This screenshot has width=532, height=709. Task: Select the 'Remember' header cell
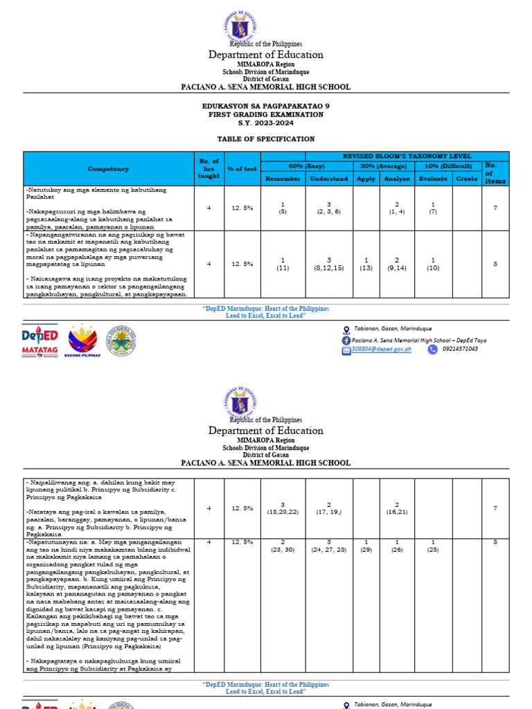[283, 178]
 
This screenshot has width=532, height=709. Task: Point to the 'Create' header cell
[467, 178]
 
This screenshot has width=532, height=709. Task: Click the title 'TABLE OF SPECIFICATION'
[257, 139]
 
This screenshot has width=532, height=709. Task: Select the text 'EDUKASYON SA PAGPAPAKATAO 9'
[257, 106]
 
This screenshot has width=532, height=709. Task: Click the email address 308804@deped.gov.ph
[382, 350]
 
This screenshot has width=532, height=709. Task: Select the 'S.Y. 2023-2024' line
[257, 123]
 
